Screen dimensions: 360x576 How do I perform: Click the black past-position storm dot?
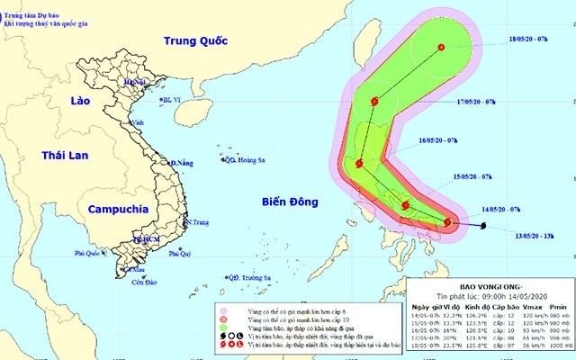pyautogui.click(x=484, y=225)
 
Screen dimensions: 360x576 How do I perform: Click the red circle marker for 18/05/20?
pyautogui.click(x=441, y=48)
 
